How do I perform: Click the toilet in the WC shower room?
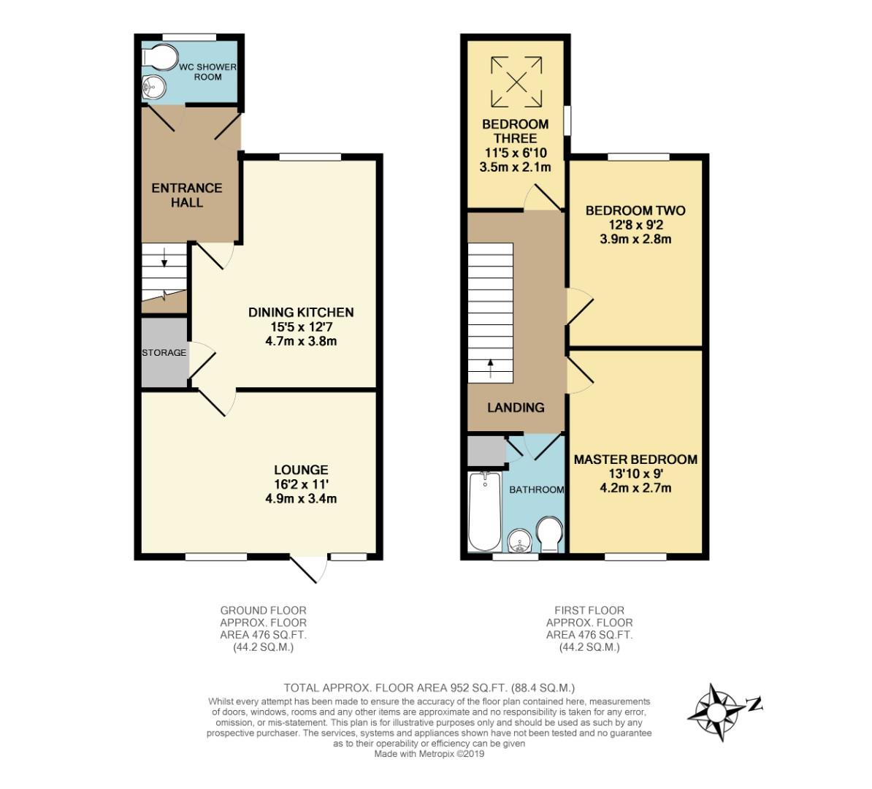point(160,57)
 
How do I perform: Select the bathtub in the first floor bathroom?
point(485,511)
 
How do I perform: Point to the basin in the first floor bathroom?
point(521,540)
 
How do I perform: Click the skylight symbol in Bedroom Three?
point(516,82)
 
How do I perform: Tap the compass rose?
point(717,712)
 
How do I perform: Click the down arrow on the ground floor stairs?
point(164,257)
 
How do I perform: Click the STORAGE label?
point(164,352)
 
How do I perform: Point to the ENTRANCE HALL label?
point(187,195)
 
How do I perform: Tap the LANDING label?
point(516,408)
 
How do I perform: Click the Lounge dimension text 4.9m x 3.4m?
point(301,498)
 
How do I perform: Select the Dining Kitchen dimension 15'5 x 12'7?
point(301,327)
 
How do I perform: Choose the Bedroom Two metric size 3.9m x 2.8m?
point(635,240)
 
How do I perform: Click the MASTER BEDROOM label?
point(635,460)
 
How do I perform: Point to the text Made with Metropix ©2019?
point(429,754)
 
